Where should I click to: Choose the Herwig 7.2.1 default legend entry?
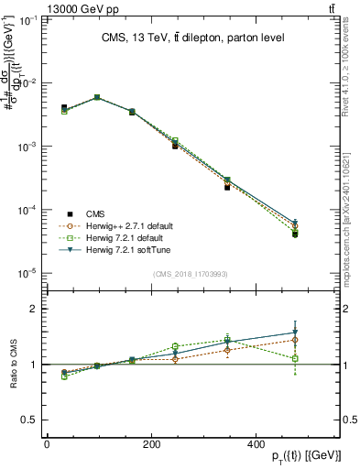point(125,236)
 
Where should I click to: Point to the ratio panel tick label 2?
point(32,309)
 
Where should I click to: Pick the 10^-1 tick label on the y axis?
point(26,19)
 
